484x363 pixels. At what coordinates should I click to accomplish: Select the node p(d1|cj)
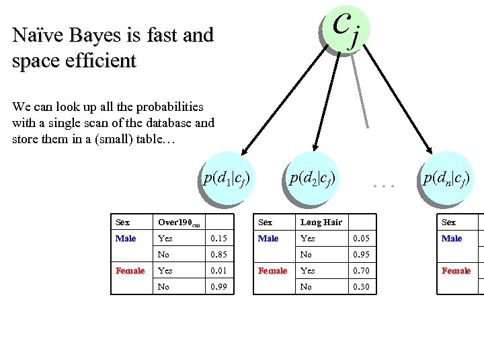coord(227,178)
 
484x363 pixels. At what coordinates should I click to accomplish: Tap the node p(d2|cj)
coord(312,178)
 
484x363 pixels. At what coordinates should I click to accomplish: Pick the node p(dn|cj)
coord(445,178)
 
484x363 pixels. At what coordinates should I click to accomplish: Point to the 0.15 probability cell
coord(218,239)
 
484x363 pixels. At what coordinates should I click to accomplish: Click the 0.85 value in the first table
coord(218,255)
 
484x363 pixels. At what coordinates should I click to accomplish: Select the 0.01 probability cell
coord(218,271)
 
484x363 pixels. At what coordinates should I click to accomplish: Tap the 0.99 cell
coord(218,287)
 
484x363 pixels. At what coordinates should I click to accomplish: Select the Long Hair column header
coord(321,223)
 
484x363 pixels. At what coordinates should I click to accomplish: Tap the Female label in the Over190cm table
coord(130,271)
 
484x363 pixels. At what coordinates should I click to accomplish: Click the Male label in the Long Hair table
coord(268,239)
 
